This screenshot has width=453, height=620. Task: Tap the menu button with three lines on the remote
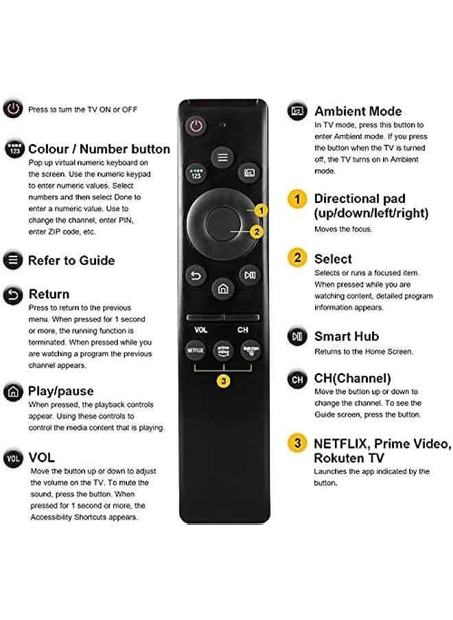[222, 157]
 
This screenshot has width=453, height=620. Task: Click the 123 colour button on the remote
[196, 173]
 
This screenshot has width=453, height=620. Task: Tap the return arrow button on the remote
[196, 276]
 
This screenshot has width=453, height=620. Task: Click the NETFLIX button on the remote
[196, 350]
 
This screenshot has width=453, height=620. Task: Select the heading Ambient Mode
[358, 111]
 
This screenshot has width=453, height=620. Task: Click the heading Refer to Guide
[71, 261]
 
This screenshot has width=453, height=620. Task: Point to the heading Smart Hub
[347, 336]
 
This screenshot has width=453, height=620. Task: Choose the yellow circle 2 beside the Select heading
[297, 258]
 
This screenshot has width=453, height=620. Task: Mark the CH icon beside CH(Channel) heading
[297, 379]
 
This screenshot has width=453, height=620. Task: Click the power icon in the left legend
[12, 109]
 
